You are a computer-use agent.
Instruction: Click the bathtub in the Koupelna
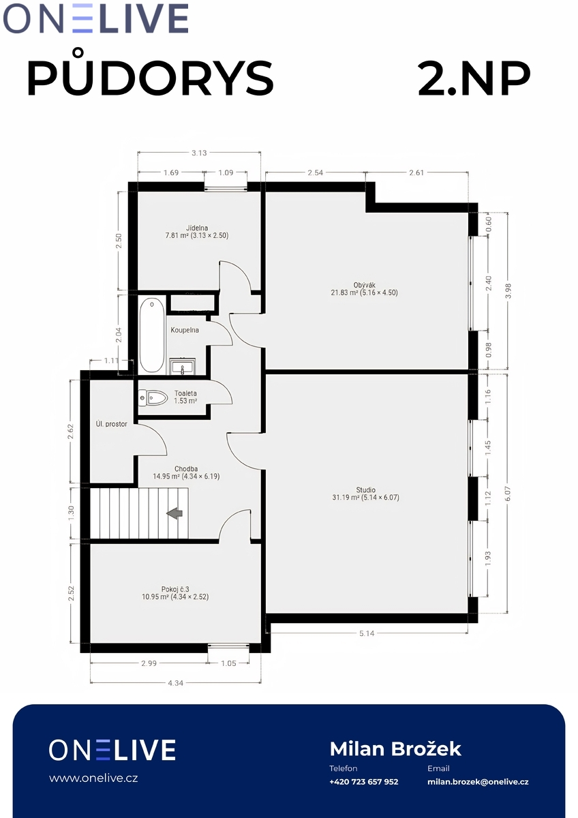(x=151, y=335)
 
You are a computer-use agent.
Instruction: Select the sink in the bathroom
(x=183, y=366)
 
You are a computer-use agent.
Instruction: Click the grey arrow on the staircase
(x=174, y=513)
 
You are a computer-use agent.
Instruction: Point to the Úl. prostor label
(x=111, y=424)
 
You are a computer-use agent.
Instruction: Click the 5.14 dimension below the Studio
(x=367, y=633)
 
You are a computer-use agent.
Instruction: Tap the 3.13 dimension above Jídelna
(x=199, y=153)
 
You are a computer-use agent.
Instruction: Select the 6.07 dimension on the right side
(x=508, y=494)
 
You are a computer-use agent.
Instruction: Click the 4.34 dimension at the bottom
(x=175, y=682)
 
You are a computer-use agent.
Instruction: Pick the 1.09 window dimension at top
(x=226, y=172)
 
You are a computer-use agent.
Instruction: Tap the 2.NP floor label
(x=474, y=78)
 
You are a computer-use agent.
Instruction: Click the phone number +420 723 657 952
(x=364, y=781)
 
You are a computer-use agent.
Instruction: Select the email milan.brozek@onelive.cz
(x=478, y=781)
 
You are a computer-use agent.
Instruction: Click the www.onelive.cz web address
(x=93, y=778)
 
